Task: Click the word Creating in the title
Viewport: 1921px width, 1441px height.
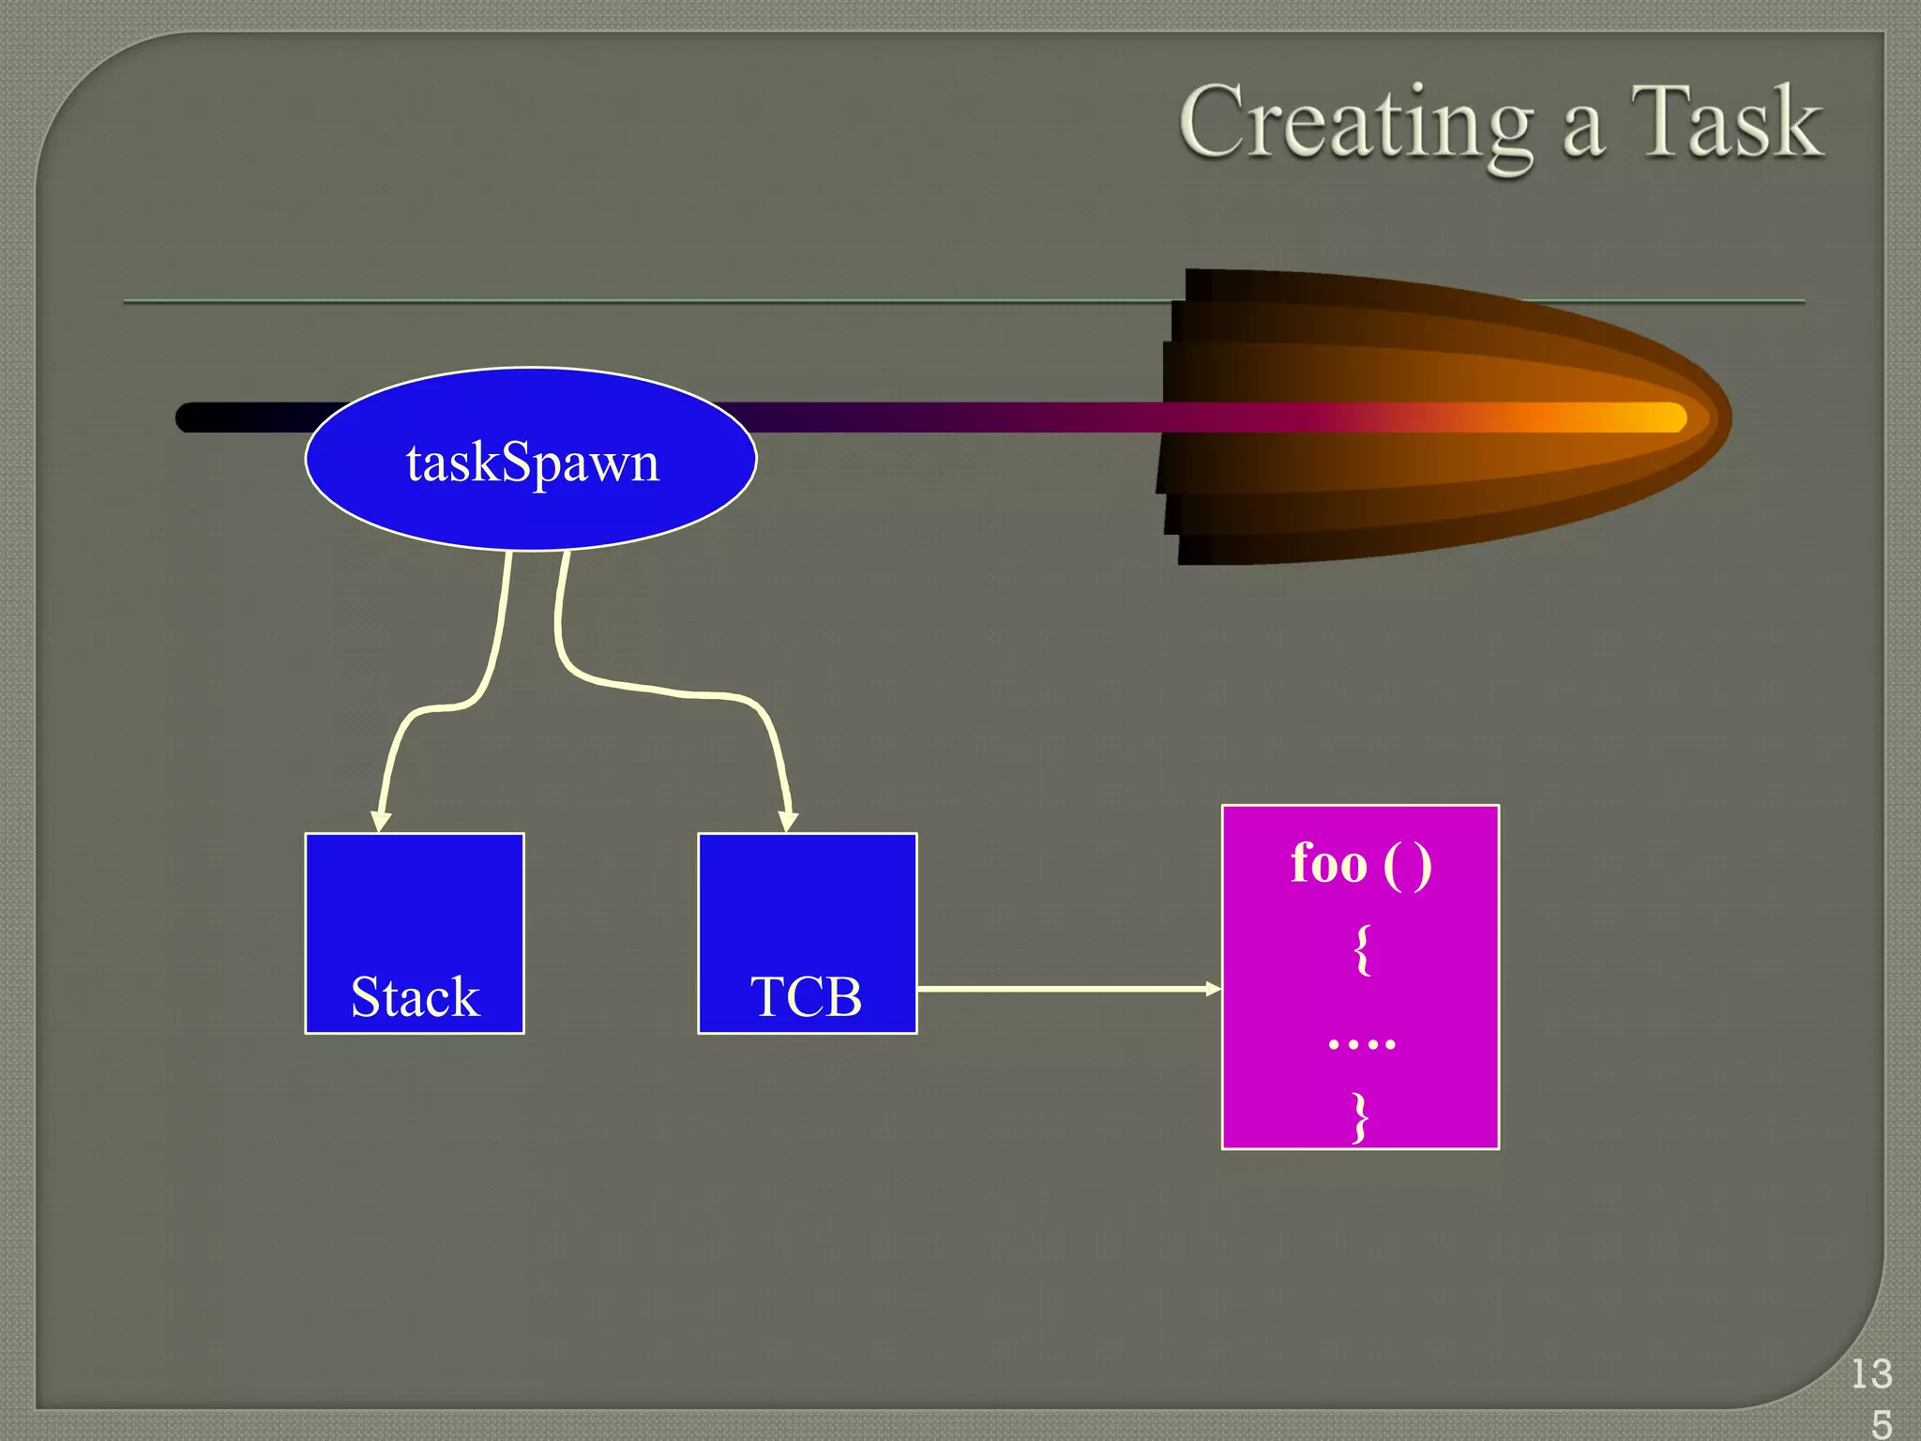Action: (1355, 124)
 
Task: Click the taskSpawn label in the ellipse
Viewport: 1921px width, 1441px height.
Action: (533, 463)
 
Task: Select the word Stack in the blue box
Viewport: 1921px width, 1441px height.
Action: (415, 996)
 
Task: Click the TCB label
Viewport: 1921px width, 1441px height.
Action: (806, 996)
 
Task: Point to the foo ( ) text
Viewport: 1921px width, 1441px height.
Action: (1361, 863)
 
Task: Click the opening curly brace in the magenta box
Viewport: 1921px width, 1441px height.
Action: (1362, 949)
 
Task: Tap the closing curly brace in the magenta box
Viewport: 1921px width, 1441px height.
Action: (1360, 1116)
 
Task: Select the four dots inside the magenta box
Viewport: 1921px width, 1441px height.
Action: (1362, 1042)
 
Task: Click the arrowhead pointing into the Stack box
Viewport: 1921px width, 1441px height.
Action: (380, 821)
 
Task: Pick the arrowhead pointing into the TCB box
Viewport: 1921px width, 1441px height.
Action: (789, 821)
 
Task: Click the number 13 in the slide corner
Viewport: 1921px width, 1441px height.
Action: (1871, 1374)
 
